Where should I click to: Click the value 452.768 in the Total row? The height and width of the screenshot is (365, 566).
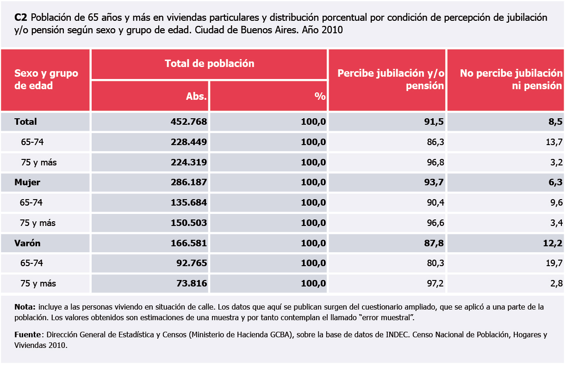coord(189,122)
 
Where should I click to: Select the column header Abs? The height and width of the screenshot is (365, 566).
coord(196,96)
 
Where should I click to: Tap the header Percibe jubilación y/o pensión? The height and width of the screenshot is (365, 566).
coord(391,79)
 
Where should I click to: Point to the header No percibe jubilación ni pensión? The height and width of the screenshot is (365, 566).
coord(511,79)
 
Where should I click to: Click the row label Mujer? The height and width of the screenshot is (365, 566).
coord(27,182)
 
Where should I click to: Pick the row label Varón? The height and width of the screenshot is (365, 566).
coord(27,243)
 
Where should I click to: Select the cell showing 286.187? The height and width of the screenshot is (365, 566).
coord(189,182)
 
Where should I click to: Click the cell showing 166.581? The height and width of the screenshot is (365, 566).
coord(189,243)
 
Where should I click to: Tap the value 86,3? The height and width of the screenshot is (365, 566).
coord(435,142)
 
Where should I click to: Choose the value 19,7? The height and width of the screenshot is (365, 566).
coord(554,263)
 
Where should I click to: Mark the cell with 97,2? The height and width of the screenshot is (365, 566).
coord(435,284)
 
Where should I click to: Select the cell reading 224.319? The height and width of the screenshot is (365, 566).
coord(189,162)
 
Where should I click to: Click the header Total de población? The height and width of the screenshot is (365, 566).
coord(209,64)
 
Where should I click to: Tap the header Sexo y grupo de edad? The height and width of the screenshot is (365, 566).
coord(46,79)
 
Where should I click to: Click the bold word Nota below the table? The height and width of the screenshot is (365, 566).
coord(25,307)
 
